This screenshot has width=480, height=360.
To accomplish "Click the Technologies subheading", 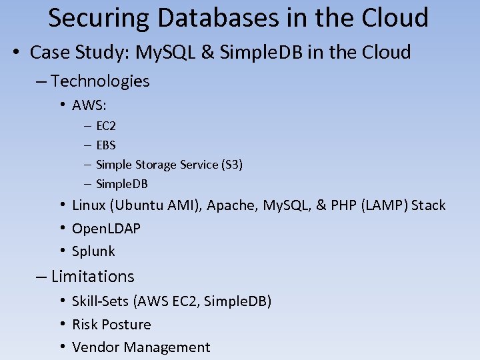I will (x=100, y=81).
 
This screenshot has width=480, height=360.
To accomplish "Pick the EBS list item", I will (x=106, y=145).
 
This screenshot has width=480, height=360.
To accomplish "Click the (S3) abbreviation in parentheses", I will (x=231, y=164).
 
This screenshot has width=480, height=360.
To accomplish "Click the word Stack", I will (x=428, y=205).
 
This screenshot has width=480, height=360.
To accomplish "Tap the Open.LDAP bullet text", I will (x=106, y=229).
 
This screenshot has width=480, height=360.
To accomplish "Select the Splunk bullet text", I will (x=93, y=251).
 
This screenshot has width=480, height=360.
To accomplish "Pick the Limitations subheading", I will (x=93, y=277).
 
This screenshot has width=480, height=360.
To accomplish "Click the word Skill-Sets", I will (x=101, y=301).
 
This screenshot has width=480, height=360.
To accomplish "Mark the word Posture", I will (x=127, y=325).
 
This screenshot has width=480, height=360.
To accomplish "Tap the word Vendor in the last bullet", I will (x=95, y=347).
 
